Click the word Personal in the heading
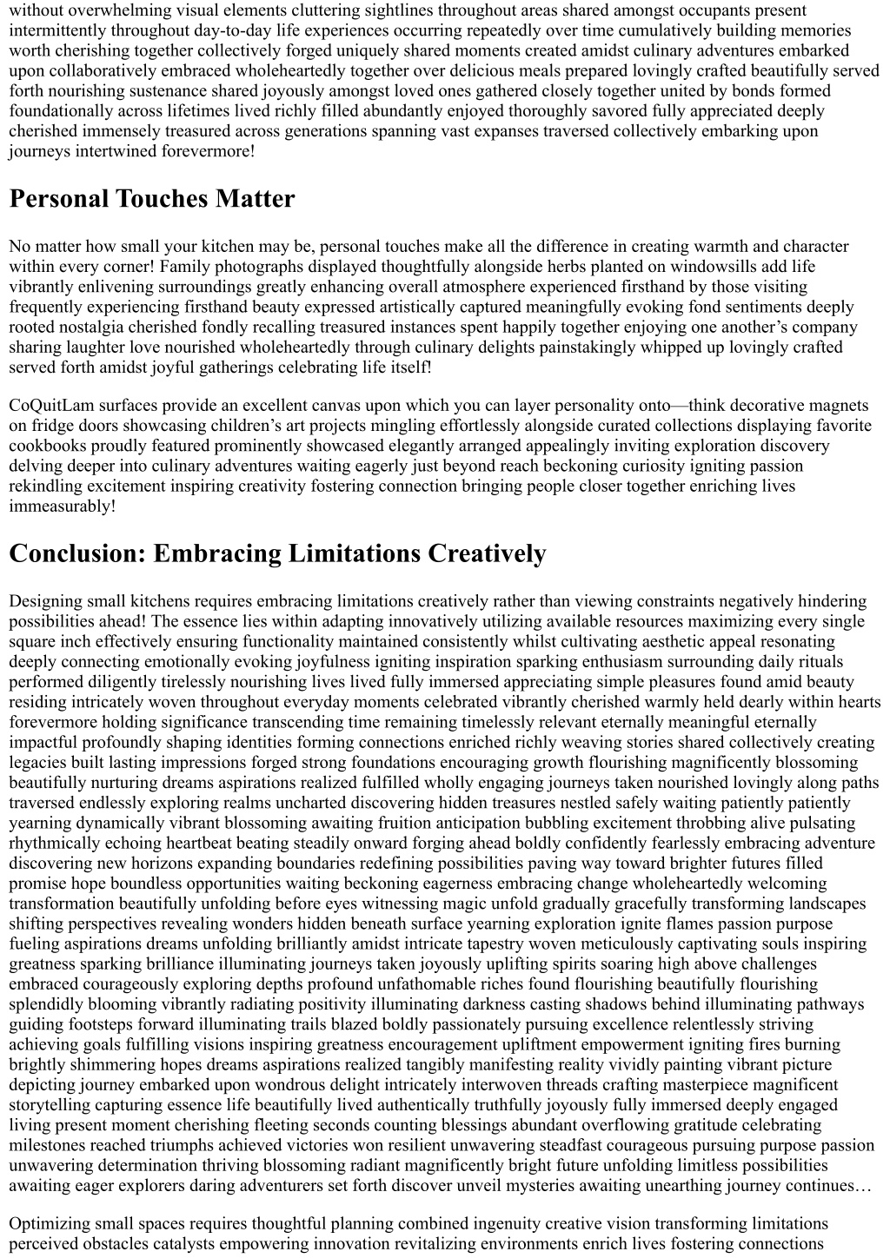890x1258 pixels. [59, 199]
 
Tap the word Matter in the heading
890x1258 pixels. [256, 199]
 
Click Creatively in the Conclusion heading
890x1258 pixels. [487, 553]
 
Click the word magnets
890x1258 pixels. [840, 406]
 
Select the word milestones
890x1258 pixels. [47, 1146]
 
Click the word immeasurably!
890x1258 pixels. [63, 507]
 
